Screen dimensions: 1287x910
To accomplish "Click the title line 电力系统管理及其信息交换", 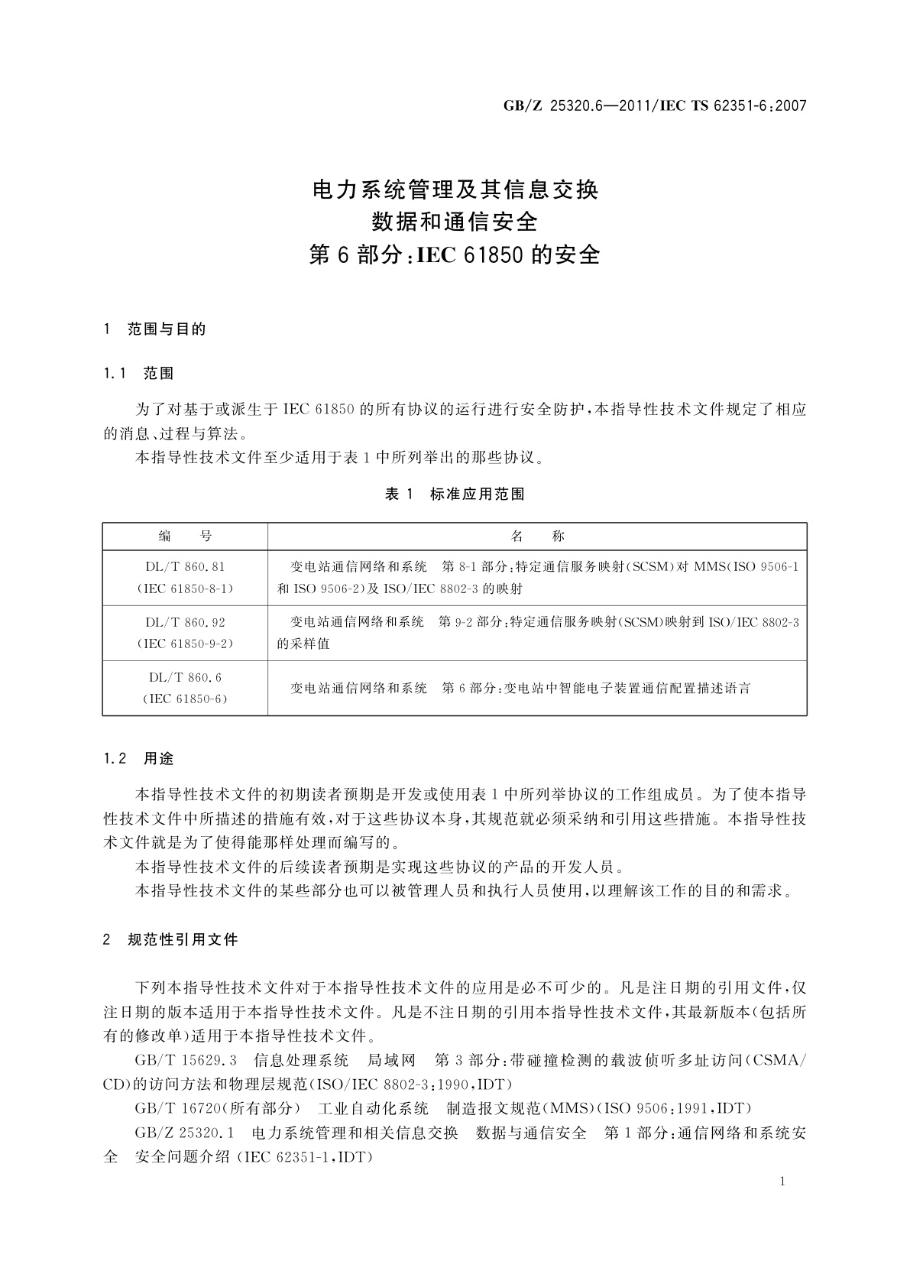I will (x=455, y=189).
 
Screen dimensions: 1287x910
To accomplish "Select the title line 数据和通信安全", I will (x=455, y=222).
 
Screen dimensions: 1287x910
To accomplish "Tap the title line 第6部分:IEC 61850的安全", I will (x=455, y=254).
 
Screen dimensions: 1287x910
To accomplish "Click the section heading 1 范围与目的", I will (x=155, y=330).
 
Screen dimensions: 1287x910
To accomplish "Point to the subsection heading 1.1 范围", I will (x=139, y=374).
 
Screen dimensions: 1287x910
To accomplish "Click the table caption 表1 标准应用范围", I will (x=455, y=494).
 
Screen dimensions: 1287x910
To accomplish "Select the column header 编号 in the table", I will (x=185, y=537).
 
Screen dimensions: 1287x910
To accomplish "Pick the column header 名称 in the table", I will (x=537, y=537).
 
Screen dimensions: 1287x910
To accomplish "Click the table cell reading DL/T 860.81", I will (x=185, y=567).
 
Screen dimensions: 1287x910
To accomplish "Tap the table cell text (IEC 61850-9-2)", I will (x=185, y=643).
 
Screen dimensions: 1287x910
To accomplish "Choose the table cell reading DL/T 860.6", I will (x=185, y=677).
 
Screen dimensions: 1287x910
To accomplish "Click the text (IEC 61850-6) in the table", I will (x=185, y=699).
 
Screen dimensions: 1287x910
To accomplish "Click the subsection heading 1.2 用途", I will (x=139, y=759).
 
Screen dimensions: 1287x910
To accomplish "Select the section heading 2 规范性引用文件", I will (x=171, y=940).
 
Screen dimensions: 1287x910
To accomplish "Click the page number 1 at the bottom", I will (x=782, y=1182).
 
